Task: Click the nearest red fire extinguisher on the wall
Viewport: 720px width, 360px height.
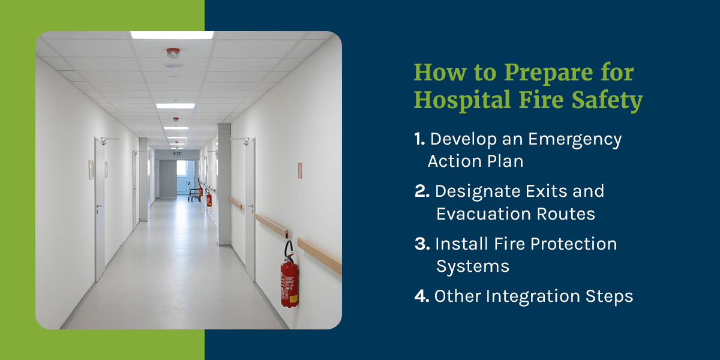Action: click(x=289, y=282)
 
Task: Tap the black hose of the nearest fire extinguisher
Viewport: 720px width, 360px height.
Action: click(x=287, y=249)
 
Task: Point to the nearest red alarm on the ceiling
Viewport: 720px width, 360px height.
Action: click(x=173, y=53)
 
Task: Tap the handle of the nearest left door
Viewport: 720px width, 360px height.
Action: click(x=99, y=206)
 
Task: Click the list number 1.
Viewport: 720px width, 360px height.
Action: click(x=419, y=139)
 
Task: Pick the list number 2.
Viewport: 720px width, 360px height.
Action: click(x=421, y=191)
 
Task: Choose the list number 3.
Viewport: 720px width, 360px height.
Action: click(x=421, y=244)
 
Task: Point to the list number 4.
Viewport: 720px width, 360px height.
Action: click(x=421, y=296)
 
